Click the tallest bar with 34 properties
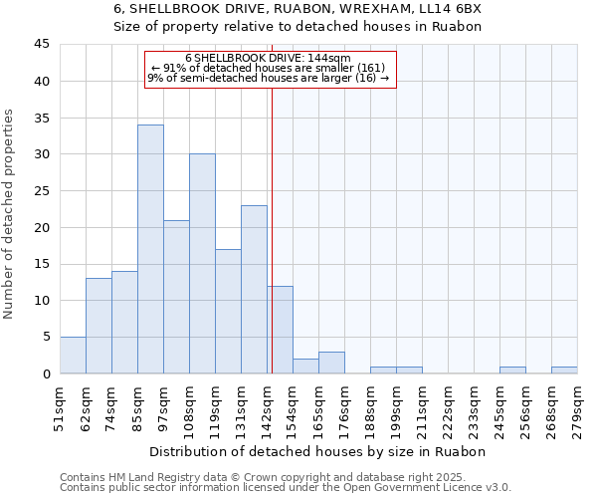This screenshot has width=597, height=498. point(150,249)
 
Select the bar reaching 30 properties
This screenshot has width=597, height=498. point(202,264)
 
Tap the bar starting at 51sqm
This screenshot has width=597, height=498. point(73,356)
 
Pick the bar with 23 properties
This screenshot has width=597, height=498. point(254,289)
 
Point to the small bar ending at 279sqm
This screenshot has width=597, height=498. point(564,371)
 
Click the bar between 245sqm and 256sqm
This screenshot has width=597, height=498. point(512,371)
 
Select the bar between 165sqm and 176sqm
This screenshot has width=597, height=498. point(331,363)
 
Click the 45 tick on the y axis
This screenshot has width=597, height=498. point(42,45)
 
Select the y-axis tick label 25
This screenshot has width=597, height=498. point(42,191)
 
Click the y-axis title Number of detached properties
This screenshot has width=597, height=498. point(12,214)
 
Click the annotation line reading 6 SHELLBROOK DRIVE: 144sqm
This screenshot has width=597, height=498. point(268,59)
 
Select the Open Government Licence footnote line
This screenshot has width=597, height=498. point(285,488)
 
